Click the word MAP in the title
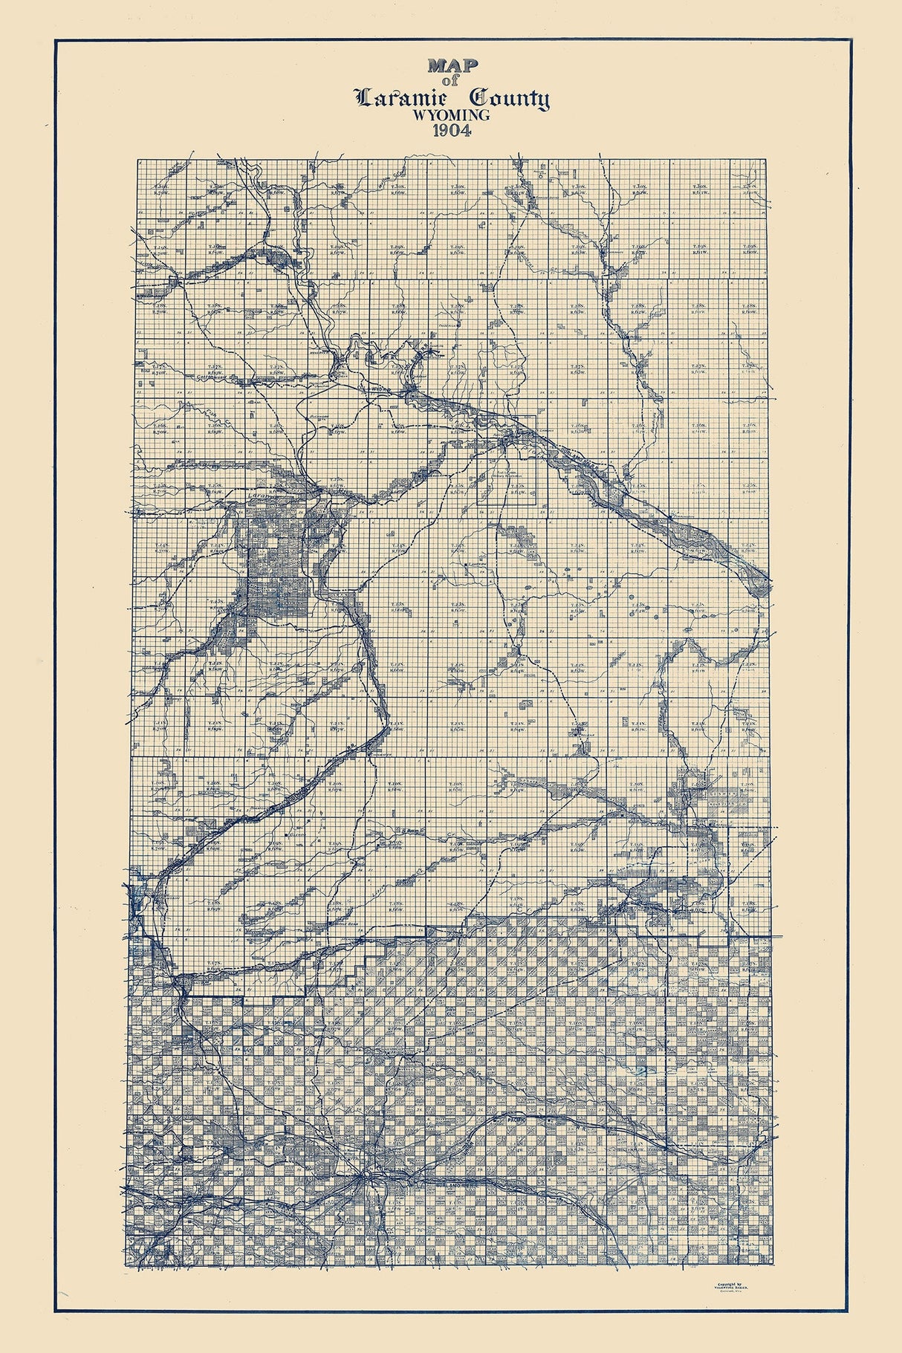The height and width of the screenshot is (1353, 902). coord(452,65)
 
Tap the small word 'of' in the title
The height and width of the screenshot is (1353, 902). coord(452,82)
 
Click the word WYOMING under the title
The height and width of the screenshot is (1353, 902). coord(452,116)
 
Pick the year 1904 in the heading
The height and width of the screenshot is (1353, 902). coord(452,133)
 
